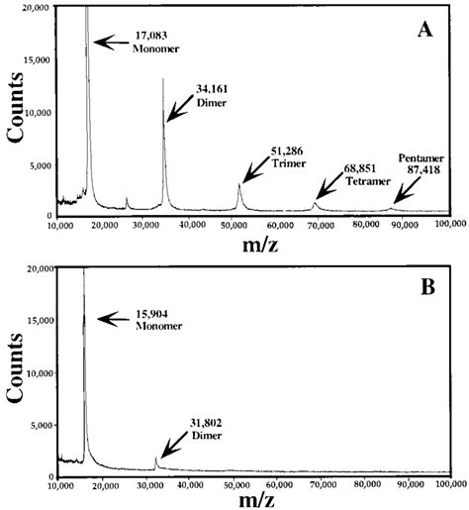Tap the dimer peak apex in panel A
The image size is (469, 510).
163,79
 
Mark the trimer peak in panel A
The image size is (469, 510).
239,185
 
